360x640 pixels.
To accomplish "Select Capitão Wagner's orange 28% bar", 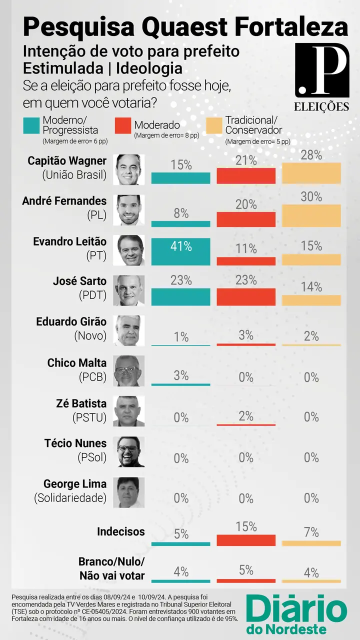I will [311, 173].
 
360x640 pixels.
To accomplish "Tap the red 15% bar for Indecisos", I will [246, 540].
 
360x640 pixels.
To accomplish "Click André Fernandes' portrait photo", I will [130, 210].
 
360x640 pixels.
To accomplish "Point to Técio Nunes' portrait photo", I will [130, 451].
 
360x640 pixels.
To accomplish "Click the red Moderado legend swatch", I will [122, 125].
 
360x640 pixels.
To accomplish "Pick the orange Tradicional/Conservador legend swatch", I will [214, 125].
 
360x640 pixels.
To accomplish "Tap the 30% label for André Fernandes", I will [311, 197].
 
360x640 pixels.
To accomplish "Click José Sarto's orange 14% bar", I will [311, 300].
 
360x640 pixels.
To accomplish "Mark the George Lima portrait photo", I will [130, 492].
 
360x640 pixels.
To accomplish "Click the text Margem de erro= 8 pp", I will [166, 135].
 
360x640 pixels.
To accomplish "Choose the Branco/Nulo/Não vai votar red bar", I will [246, 581].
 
